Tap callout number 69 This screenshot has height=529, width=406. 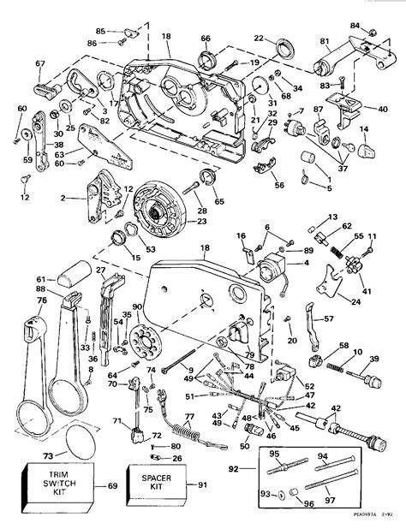tap(113, 486)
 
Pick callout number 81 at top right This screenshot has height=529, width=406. tap(324, 40)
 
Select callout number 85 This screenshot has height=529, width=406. tap(100, 32)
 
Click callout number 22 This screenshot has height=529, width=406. tap(259, 39)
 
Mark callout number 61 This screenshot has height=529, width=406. tap(40, 278)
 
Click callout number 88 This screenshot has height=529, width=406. tap(40, 290)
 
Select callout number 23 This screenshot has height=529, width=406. tap(201, 220)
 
